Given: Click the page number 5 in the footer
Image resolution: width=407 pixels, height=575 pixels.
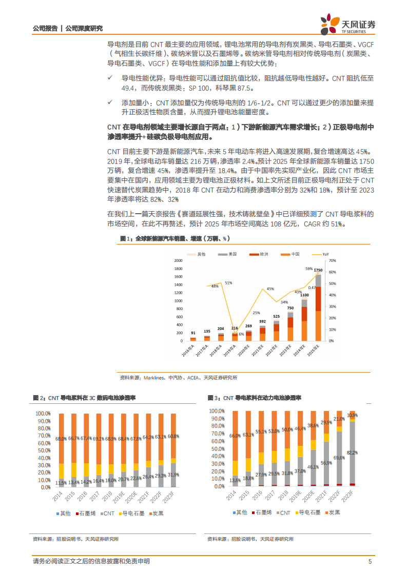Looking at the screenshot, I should pyautogui.click(x=370, y=562).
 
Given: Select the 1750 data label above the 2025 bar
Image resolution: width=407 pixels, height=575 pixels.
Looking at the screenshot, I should pyautogui.click(x=318, y=270).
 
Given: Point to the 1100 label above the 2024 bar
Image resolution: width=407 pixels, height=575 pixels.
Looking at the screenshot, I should pyautogui.click(x=304, y=295).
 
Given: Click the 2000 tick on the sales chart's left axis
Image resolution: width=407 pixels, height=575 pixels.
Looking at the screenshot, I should pyautogui.click(x=179, y=261).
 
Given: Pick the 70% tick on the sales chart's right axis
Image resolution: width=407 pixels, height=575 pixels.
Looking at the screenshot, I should pyautogui.click(x=332, y=261).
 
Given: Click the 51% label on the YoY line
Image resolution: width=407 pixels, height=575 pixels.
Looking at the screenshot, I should pyautogui.click(x=228, y=283).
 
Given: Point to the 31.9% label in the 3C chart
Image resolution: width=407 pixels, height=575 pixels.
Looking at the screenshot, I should pyautogui.click(x=173, y=475).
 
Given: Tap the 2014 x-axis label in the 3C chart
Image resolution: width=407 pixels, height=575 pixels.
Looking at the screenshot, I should pyautogui.click(x=60, y=497).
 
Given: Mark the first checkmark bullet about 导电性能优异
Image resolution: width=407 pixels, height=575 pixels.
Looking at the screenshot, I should pyautogui.click(x=110, y=77).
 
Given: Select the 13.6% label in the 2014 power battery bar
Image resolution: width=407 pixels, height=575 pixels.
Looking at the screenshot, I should pyautogui.click(x=235, y=480).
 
